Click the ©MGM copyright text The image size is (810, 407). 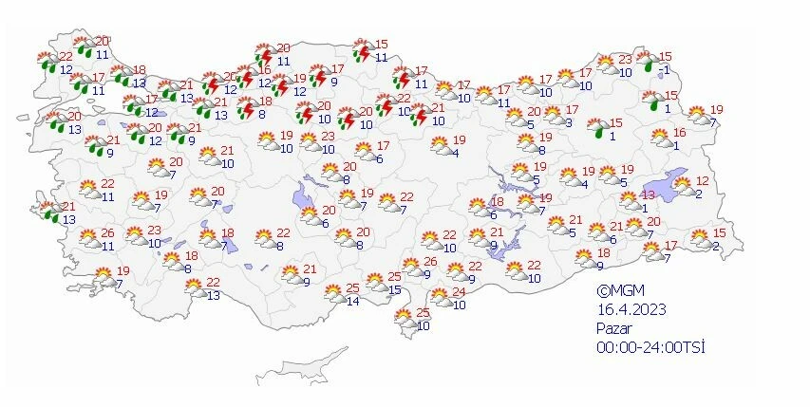(x=616, y=291)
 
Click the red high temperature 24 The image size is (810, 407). (x=459, y=291)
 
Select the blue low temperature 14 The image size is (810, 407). (x=352, y=302)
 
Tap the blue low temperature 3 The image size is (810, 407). (x=570, y=122)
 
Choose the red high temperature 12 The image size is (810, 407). (x=703, y=181)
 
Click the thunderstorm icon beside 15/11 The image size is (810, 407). (x=362, y=50)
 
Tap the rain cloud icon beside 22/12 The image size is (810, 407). (x=45, y=63)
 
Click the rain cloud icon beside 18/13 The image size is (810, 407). (x=121, y=75)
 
